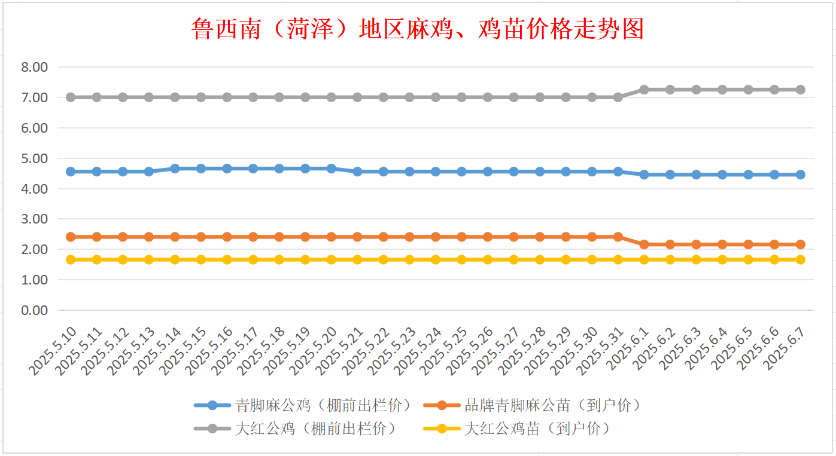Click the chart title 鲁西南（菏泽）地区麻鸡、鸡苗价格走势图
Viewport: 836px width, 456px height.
tap(418, 29)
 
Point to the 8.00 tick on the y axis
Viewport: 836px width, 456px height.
tap(34, 67)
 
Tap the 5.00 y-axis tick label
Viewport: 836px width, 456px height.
tap(34, 158)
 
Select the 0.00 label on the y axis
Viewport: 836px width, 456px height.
tap(34, 310)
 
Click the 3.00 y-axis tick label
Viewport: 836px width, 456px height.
tap(34, 219)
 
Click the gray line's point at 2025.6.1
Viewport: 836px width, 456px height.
tap(644, 90)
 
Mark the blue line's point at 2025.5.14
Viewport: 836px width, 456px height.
tap(175, 169)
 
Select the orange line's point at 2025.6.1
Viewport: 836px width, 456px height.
tap(644, 244)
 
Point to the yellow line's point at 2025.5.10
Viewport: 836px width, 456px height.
tap(71, 259)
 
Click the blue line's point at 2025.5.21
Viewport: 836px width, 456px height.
tap(357, 172)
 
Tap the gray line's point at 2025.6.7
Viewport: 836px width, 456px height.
tap(800, 90)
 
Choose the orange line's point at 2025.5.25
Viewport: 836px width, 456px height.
tap(461, 237)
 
